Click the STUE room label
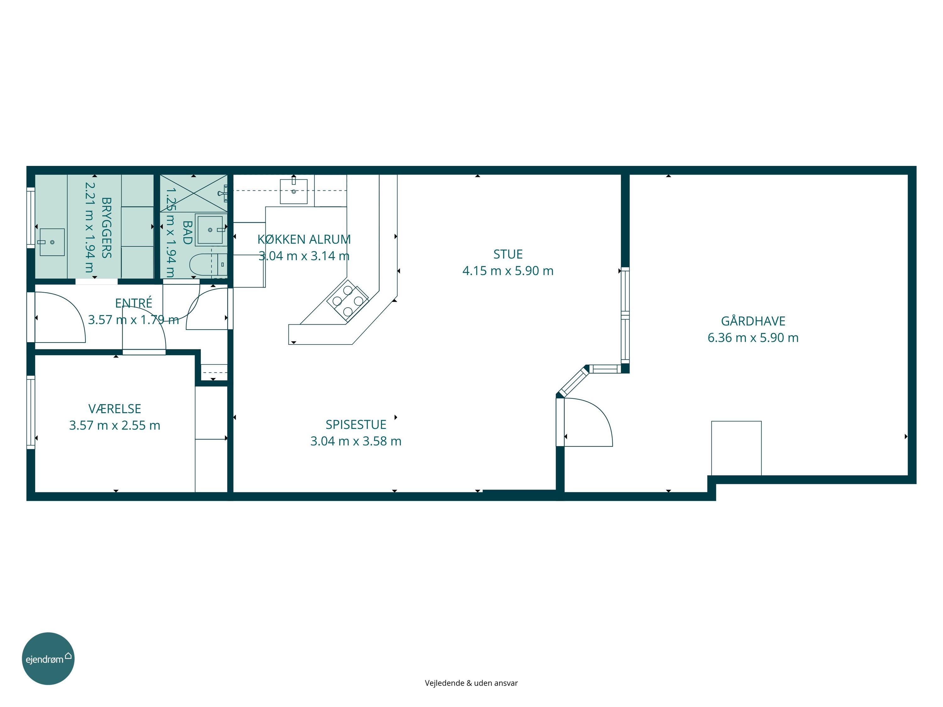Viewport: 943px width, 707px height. (x=508, y=255)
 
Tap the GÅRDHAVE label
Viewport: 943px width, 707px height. (x=753, y=321)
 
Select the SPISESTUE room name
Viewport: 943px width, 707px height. (x=356, y=425)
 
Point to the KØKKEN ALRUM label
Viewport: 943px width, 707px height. (x=304, y=239)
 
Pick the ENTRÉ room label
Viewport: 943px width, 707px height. (x=134, y=303)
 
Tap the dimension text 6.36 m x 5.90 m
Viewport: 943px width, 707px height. (x=753, y=337)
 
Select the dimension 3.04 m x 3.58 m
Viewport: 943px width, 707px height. (x=356, y=441)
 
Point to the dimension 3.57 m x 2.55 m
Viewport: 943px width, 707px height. (x=115, y=425)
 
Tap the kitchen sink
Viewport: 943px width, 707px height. (x=293, y=191)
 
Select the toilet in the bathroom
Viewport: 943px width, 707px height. (x=200, y=265)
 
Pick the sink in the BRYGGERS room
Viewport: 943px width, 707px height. (x=52, y=242)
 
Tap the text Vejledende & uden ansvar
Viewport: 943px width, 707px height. (x=471, y=683)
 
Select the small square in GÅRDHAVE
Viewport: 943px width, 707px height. (x=736, y=448)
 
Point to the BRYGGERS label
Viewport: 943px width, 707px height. (x=107, y=227)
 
